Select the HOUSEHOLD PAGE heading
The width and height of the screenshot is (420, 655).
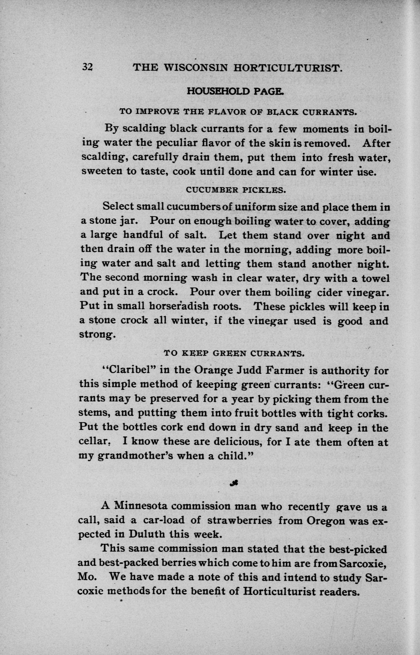[235, 91]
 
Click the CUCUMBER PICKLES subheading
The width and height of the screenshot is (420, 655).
[236, 190]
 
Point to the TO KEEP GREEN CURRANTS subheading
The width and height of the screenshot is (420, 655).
[234, 354]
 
